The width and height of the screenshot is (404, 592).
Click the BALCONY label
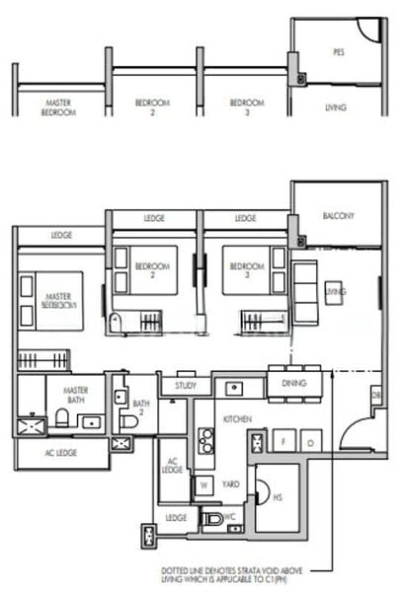[x=338, y=216]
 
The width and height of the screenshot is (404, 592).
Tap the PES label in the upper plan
[x=339, y=52]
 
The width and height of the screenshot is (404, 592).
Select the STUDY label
[x=186, y=387]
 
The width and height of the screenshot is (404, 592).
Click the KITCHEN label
[x=237, y=419]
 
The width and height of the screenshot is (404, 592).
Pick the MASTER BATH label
[x=76, y=395]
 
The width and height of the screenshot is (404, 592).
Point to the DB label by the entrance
[x=375, y=395]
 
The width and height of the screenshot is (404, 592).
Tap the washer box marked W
[x=203, y=485]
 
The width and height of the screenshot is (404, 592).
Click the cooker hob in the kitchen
[x=205, y=441]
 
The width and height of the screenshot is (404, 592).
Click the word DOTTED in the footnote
[x=179, y=570]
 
